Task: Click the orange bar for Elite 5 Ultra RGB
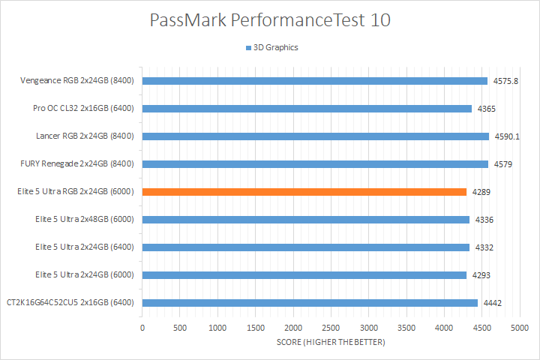click(x=304, y=192)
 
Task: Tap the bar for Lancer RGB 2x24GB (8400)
click(x=315, y=136)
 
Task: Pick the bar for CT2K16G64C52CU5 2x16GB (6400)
click(x=310, y=303)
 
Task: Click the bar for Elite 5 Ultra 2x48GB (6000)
click(x=305, y=220)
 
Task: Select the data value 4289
click(x=481, y=192)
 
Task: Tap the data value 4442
click(x=493, y=303)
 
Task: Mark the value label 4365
click(x=487, y=109)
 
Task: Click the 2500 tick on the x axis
click(x=331, y=328)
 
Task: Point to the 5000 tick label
click(x=520, y=328)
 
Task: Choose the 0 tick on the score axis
click(x=142, y=328)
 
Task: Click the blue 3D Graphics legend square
click(x=247, y=48)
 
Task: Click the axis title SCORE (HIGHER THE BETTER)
click(x=331, y=343)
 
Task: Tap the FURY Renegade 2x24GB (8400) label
click(x=77, y=164)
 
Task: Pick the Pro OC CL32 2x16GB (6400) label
click(x=83, y=109)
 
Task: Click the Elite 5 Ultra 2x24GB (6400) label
click(x=84, y=247)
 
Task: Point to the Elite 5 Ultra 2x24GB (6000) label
click(x=84, y=275)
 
